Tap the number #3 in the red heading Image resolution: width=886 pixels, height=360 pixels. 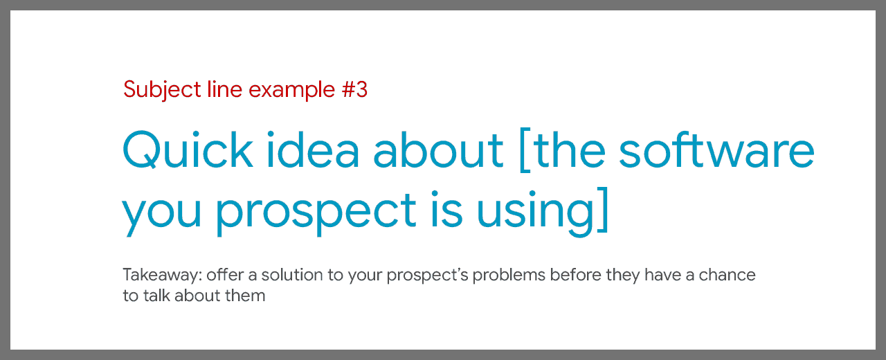355,89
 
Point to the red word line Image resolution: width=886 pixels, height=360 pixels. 225,89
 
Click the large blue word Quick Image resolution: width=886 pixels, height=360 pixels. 188,150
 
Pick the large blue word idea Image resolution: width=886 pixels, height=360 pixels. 314,149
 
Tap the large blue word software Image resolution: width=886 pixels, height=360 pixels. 716,149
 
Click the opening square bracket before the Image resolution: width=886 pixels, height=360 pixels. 525,150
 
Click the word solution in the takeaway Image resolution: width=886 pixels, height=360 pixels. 292,275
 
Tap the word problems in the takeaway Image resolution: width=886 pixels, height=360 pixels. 509,276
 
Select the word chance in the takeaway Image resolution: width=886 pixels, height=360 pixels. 727,275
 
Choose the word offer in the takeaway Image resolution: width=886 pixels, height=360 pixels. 225,275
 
